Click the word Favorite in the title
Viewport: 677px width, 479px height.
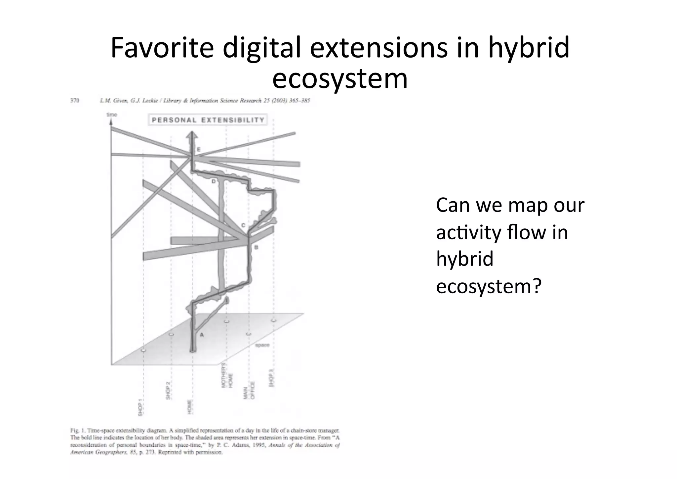point(162,48)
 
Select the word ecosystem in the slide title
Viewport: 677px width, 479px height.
point(340,79)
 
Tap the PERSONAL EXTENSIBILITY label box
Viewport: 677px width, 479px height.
point(208,120)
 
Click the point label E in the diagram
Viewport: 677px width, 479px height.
point(199,150)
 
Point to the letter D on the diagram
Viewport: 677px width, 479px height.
point(214,181)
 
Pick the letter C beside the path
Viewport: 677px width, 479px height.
point(243,225)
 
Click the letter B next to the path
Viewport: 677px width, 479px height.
point(256,247)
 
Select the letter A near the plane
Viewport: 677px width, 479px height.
point(202,335)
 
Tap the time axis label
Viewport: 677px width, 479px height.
point(112,115)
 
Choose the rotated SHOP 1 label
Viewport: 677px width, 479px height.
point(140,407)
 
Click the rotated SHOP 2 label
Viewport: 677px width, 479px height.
point(168,391)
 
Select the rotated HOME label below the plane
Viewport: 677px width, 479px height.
point(190,407)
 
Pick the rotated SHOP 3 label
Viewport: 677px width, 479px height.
point(271,378)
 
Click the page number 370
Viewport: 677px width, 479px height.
point(75,101)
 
